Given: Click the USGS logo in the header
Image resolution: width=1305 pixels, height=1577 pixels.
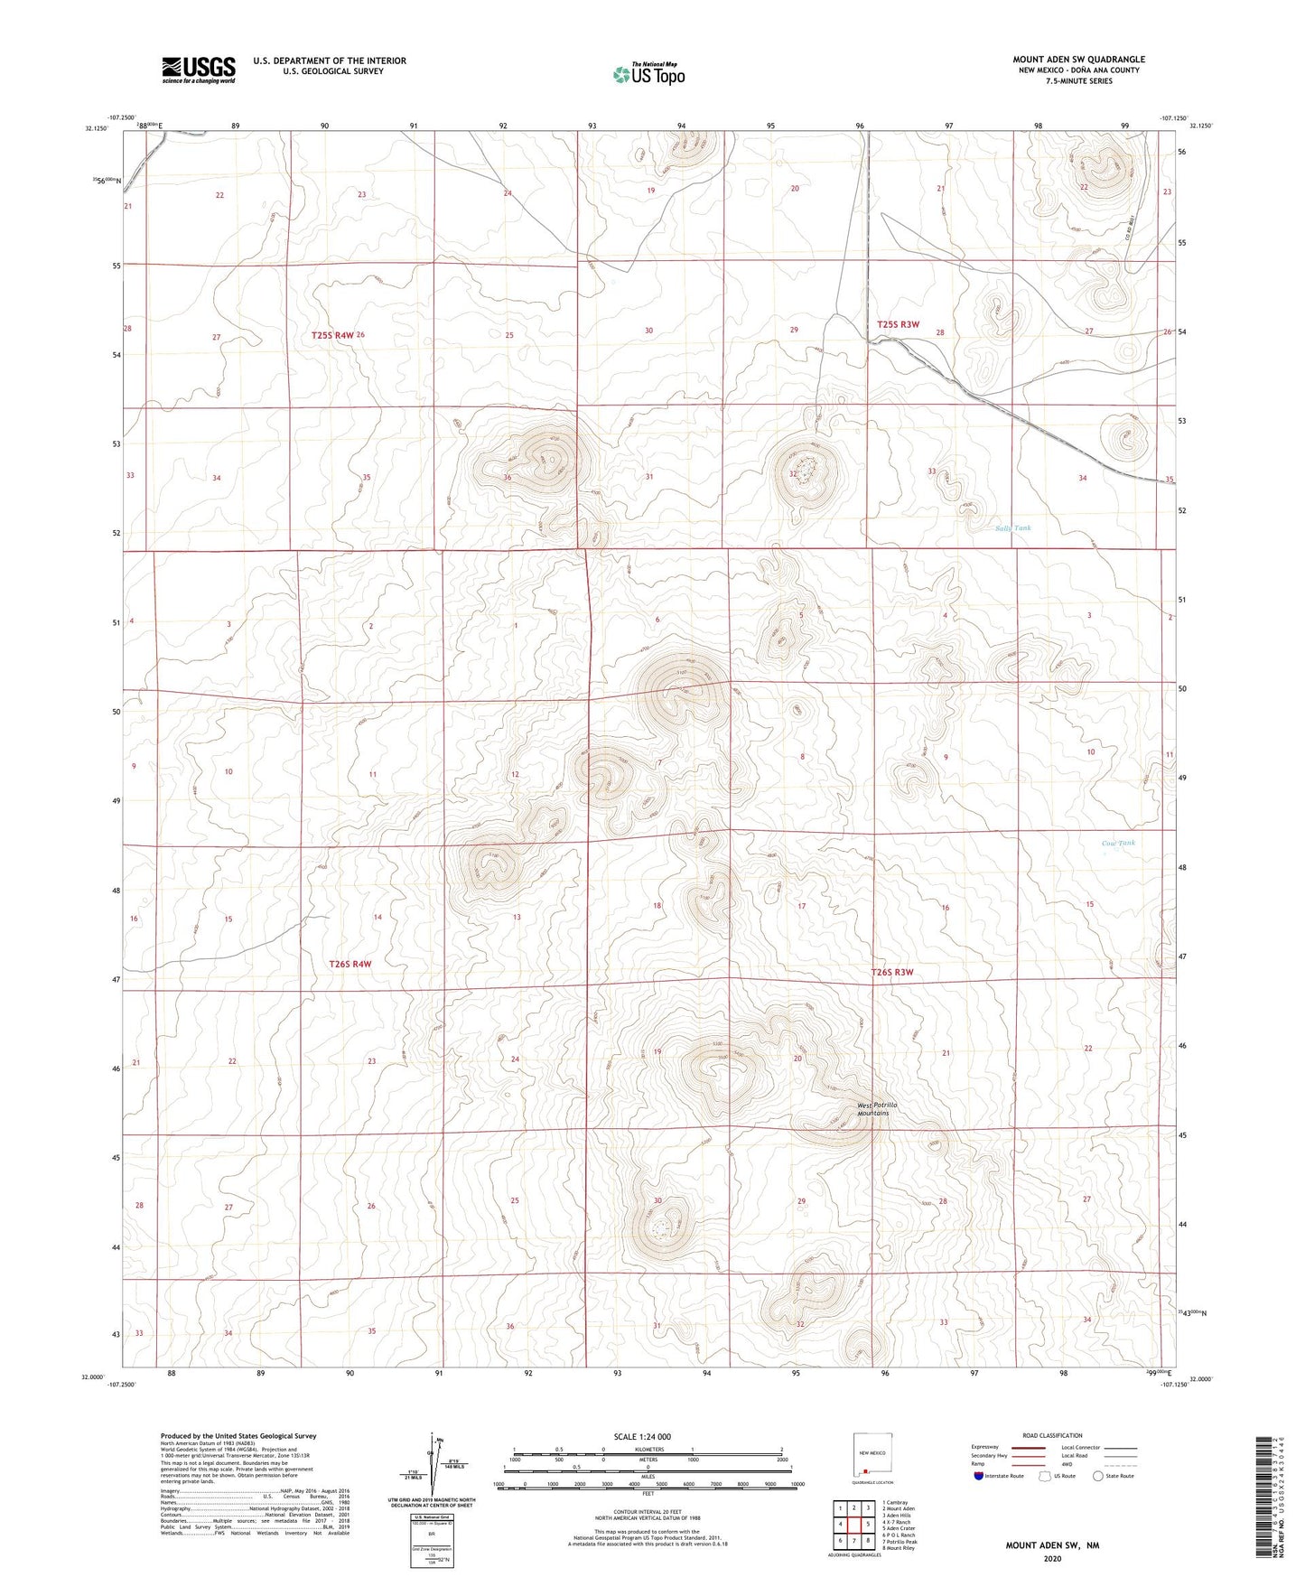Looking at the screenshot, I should click(x=198, y=70).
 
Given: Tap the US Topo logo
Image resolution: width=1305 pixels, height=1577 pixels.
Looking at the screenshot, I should click(x=648, y=74).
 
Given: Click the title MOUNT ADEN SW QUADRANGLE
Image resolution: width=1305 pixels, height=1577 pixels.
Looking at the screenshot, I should click(x=1078, y=60).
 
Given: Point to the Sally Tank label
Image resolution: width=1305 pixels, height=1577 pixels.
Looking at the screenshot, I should click(x=1012, y=528).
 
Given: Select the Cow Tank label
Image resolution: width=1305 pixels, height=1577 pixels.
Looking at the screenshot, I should click(x=1118, y=844).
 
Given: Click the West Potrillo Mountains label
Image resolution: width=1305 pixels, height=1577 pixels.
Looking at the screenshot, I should click(x=873, y=1109).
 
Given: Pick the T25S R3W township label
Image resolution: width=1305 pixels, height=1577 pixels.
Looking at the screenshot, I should click(x=898, y=324).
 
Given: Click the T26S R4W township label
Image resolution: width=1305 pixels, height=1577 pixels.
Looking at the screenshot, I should click(x=350, y=965).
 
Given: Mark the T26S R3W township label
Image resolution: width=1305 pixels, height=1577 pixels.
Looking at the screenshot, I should click(x=892, y=973).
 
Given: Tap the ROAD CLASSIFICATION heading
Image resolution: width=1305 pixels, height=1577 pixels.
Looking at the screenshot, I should click(x=1052, y=1435).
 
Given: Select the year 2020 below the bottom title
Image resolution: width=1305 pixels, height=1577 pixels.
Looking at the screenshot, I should click(x=1052, y=1558).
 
